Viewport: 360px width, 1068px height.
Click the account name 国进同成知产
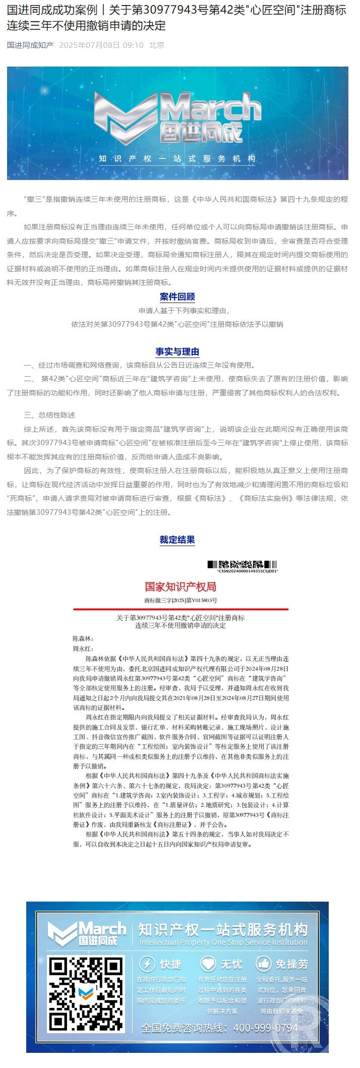(x=30, y=45)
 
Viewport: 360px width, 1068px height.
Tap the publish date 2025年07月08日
(x=89, y=45)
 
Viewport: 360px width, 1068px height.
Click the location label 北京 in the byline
(x=157, y=45)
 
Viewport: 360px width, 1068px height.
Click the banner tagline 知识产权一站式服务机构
(x=177, y=159)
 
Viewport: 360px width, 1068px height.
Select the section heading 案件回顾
(x=177, y=296)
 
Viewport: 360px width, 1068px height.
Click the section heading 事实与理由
(x=177, y=351)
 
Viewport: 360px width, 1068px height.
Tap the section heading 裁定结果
(x=177, y=540)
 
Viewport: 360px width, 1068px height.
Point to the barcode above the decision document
(x=243, y=565)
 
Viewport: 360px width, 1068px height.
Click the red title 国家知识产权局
(x=181, y=586)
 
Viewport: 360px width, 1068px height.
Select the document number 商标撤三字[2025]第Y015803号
(x=181, y=601)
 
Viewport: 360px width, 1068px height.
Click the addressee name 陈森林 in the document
(x=82, y=639)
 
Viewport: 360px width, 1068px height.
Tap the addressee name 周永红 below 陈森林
(x=82, y=649)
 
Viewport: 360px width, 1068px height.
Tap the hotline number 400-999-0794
(x=266, y=1028)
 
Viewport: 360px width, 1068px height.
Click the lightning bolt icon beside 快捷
(x=147, y=964)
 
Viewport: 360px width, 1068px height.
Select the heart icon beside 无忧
(x=208, y=964)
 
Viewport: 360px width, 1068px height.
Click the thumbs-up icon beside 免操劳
(x=264, y=964)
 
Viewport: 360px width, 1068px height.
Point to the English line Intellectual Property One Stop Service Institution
(x=223, y=942)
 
